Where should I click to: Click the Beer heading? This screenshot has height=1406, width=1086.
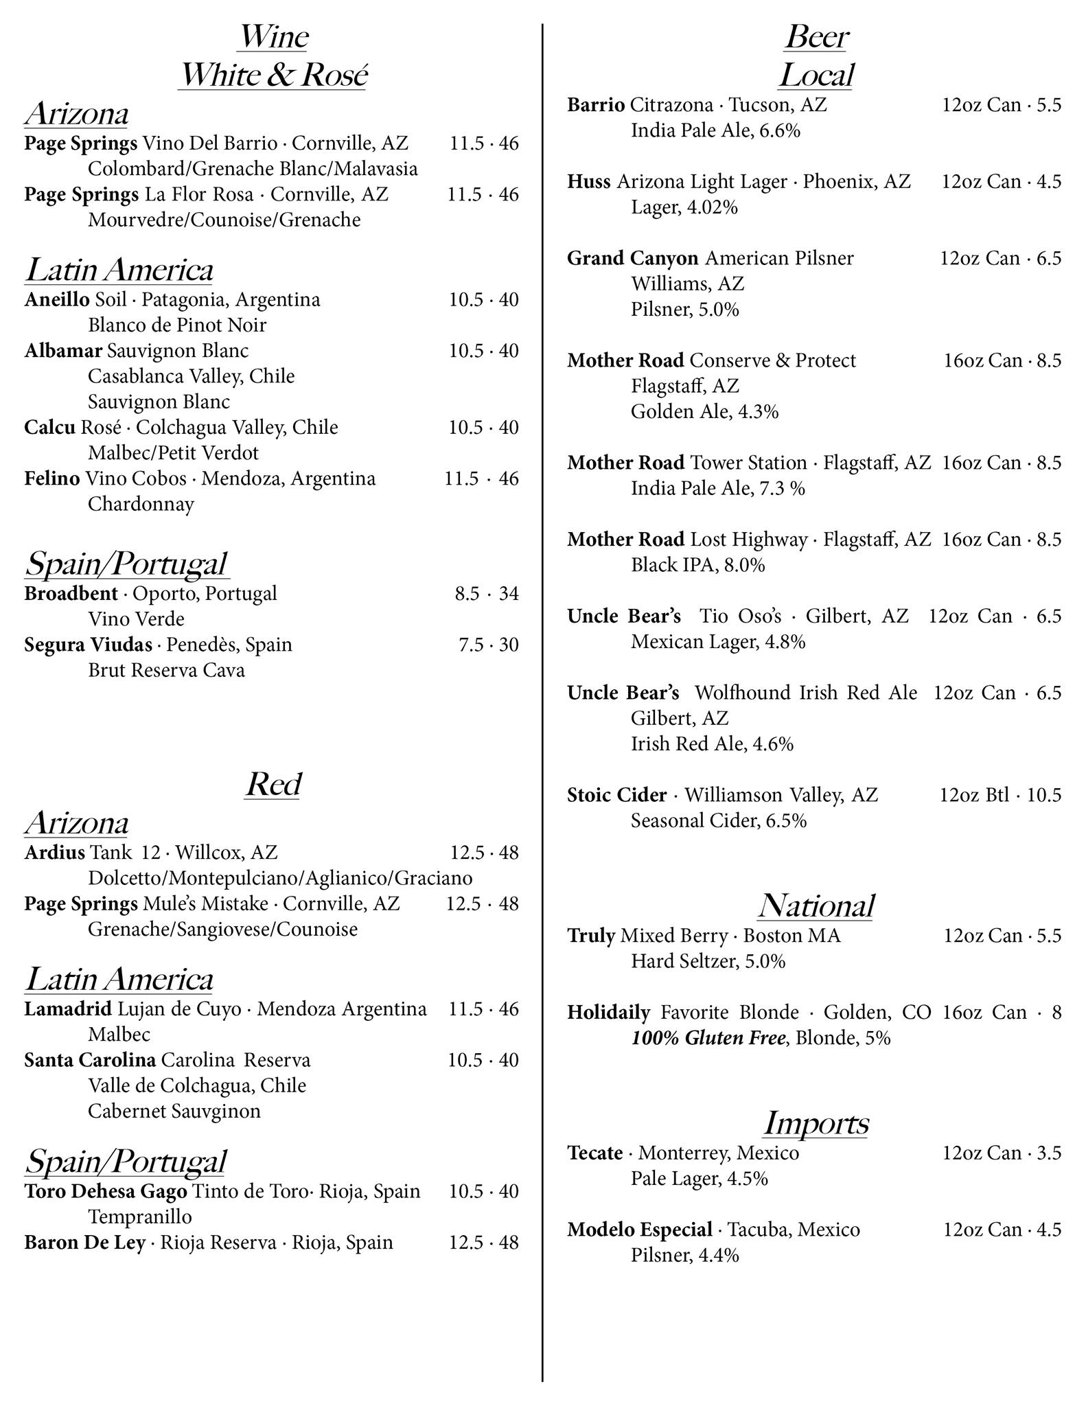[x=816, y=37]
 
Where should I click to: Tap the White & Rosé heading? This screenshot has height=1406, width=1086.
[x=273, y=75]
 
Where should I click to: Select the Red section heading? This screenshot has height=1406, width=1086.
[x=273, y=784]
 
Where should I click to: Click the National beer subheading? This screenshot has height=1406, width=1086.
[x=816, y=906]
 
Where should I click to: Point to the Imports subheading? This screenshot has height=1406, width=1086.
[x=816, y=1123]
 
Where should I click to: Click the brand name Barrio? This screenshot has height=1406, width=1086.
[x=596, y=105]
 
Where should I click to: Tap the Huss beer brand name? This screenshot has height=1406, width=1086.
[x=588, y=182]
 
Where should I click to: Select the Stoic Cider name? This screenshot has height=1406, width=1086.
[x=616, y=795]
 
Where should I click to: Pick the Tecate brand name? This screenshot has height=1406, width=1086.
[x=595, y=1153]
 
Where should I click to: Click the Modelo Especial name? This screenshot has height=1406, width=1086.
[x=639, y=1230]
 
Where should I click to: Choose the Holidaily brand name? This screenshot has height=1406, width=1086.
[x=608, y=1013]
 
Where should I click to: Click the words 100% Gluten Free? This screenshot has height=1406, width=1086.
[x=708, y=1038]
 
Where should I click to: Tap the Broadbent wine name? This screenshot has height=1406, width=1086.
[x=71, y=593]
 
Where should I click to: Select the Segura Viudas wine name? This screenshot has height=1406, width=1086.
[x=88, y=645]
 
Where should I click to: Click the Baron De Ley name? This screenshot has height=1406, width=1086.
[x=84, y=1243]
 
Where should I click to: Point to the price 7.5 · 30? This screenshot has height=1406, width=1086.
[x=488, y=645]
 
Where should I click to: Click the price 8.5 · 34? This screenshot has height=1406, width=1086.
[x=486, y=593]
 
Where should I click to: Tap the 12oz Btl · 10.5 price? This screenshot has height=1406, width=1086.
[x=1000, y=795]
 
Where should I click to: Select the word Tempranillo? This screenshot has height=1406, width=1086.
[x=139, y=1217]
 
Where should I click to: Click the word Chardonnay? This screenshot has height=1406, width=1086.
[x=141, y=504]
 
